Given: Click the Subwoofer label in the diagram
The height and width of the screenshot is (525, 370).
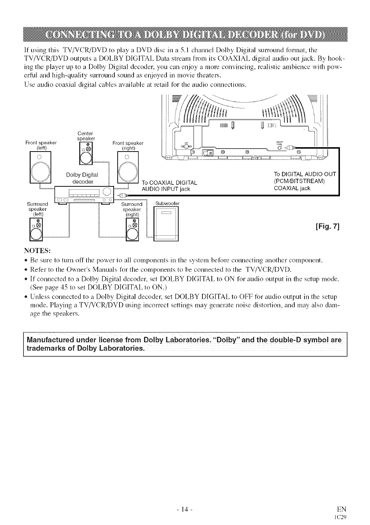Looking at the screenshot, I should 167,203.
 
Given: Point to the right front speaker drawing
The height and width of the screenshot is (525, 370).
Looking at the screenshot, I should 128,169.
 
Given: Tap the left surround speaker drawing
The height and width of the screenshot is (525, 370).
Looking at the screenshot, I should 35,230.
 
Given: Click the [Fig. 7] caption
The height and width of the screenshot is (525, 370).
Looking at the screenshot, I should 327,227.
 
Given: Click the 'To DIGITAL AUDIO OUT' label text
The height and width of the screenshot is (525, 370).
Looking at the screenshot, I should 305,175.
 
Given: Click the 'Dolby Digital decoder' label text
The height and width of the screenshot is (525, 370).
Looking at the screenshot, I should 83,178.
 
